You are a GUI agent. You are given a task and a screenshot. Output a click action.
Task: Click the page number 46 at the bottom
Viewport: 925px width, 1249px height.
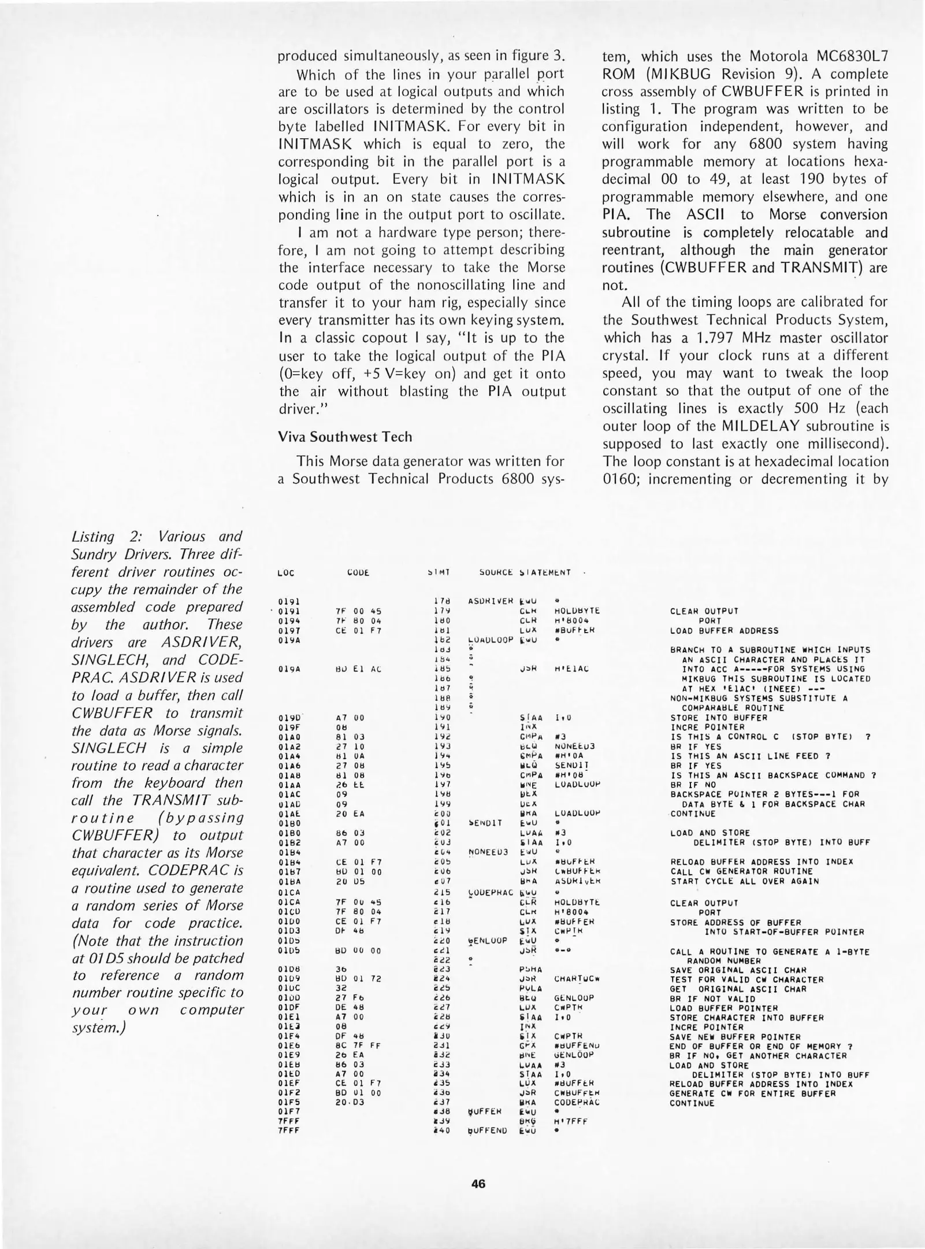[478, 1183]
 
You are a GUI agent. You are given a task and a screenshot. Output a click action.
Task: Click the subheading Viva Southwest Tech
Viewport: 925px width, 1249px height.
[345, 437]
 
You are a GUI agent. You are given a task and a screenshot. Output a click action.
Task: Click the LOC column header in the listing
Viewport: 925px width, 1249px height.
[285, 572]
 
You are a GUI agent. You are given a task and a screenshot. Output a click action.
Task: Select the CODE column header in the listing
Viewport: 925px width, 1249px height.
[358, 572]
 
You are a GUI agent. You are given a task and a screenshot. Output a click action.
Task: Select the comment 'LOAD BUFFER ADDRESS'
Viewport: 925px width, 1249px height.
[724, 630]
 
